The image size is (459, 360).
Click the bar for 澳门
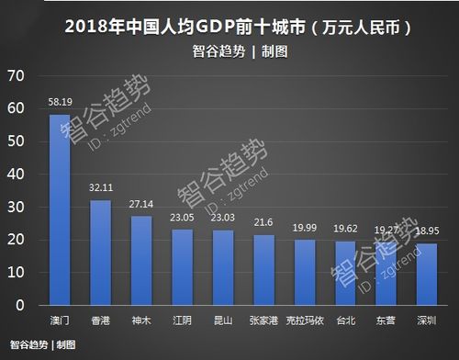[60, 209]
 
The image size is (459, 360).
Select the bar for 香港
[100, 253]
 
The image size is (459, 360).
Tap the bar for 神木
[141, 261]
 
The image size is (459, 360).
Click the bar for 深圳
[428, 275]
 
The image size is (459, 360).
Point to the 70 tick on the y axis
[17, 75]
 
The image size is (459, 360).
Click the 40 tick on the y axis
[17, 174]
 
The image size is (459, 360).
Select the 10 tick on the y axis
[17, 273]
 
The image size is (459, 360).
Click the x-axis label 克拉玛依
[305, 320]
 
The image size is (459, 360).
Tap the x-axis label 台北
[346, 320]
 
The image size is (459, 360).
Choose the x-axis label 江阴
[182, 320]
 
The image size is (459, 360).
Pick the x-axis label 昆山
[223, 320]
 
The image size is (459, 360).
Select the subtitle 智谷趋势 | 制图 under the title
[230, 51]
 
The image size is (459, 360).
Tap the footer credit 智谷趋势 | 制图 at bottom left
[42, 345]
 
